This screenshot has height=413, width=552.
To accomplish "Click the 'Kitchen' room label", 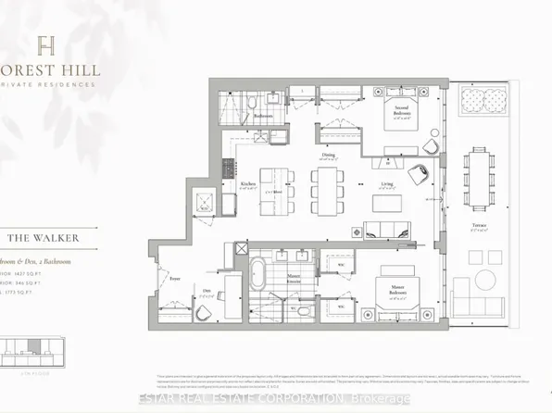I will (x=247, y=182).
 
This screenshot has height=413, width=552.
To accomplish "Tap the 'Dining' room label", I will (x=329, y=155).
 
